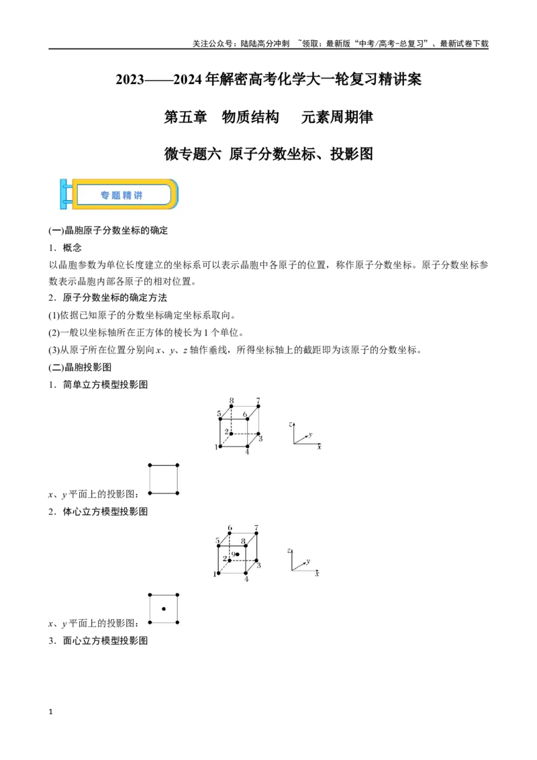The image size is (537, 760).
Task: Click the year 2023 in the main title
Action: (x=130, y=79)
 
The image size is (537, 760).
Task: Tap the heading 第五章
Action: (x=185, y=117)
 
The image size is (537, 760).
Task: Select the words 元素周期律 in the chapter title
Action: (x=337, y=117)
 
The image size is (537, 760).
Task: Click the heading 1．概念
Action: (x=65, y=248)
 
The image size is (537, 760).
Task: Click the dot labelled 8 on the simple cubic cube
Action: (x=231, y=407)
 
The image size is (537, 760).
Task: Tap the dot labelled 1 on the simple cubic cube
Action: (x=221, y=446)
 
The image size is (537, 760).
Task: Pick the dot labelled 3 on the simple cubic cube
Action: (x=258, y=434)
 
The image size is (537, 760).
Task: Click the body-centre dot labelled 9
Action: (x=238, y=554)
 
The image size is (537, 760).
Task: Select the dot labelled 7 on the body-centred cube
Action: (x=256, y=533)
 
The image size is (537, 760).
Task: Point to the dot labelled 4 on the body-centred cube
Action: (x=246, y=573)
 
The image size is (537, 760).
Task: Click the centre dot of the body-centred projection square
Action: (x=164, y=609)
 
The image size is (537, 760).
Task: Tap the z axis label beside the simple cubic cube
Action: (x=290, y=424)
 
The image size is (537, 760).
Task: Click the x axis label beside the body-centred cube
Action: (x=317, y=574)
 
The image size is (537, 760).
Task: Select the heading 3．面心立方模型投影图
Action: (x=98, y=640)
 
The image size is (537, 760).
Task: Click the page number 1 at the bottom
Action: (x=50, y=712)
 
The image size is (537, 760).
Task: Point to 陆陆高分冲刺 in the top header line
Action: (x=264, y=44)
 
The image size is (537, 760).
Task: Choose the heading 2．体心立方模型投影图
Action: (x=98, y=512)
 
